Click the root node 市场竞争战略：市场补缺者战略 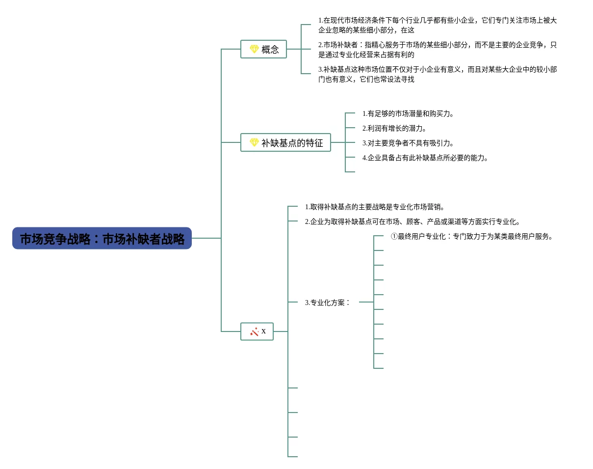pos(102,238)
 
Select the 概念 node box pos(263,49)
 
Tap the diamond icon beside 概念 pos(254,49)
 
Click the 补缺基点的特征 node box pos(285,142)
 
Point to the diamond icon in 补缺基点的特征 pos(254,142)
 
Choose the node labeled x pos(257,331)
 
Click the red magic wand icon pos(254,331)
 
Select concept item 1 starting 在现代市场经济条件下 pos(438,25)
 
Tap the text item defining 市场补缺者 pos(438,50)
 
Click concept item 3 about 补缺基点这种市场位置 pos(438,74)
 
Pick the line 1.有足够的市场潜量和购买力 pos(408,113)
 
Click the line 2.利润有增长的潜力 pos(394,128)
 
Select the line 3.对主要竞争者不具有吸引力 pos(408,143)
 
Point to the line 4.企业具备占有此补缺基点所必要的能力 pos(425,158)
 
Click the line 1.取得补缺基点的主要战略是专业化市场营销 pos(375,207)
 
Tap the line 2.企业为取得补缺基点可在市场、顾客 pos(413,221)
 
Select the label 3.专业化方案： pos(328,303)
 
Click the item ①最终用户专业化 pos(473,236)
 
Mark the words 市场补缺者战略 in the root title pos(143,239)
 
